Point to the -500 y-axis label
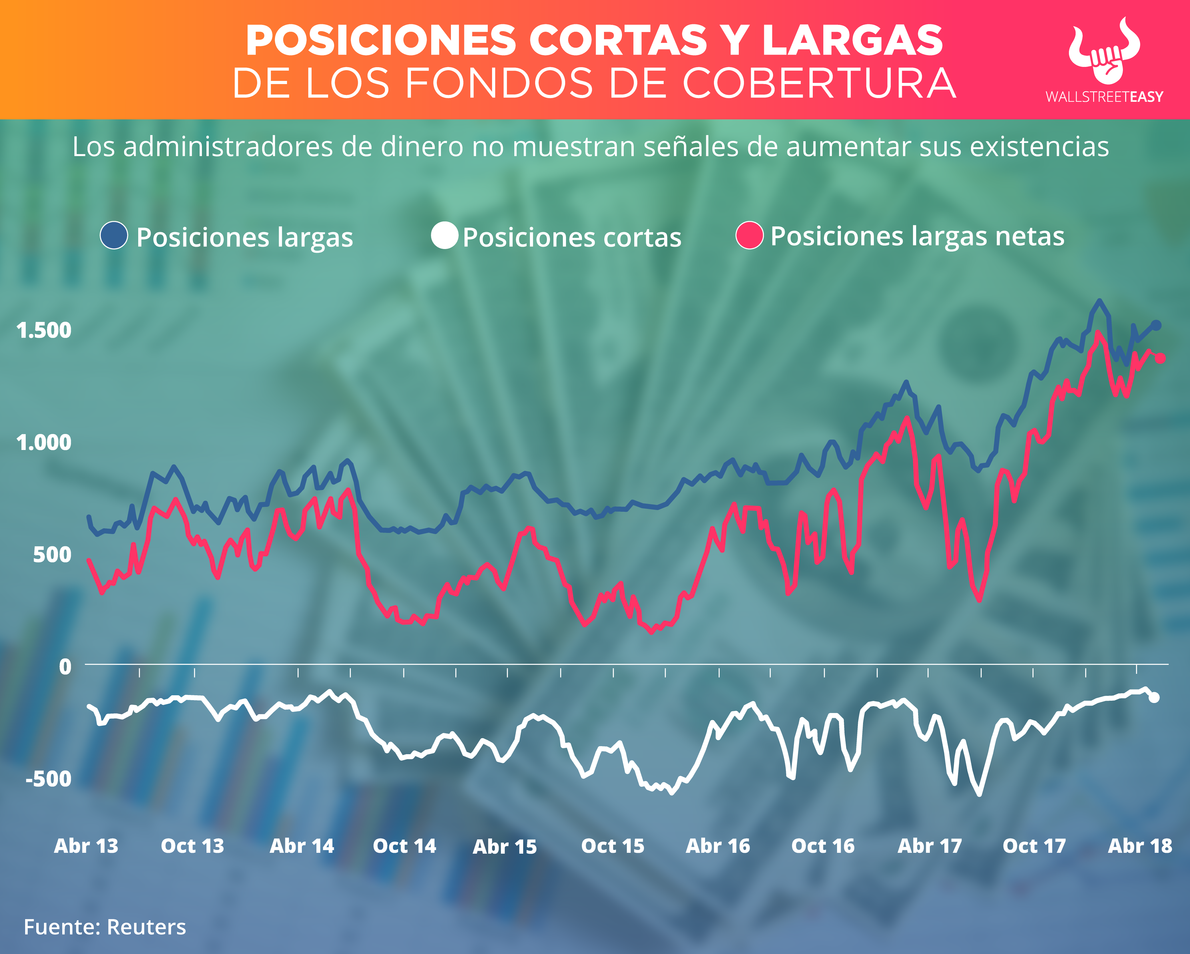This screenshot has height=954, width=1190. [49, 779]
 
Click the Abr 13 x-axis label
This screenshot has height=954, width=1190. [86, 846]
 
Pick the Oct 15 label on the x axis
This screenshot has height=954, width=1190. [613, 846]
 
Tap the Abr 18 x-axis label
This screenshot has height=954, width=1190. [1140, 846]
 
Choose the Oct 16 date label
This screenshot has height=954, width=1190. [823, 846]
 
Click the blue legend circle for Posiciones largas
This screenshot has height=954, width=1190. [114, 236]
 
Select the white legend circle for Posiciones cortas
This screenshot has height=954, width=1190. [444, 236]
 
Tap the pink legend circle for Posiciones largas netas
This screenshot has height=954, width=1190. [750, 236]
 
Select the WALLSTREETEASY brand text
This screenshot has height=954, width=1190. [1104, 97]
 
